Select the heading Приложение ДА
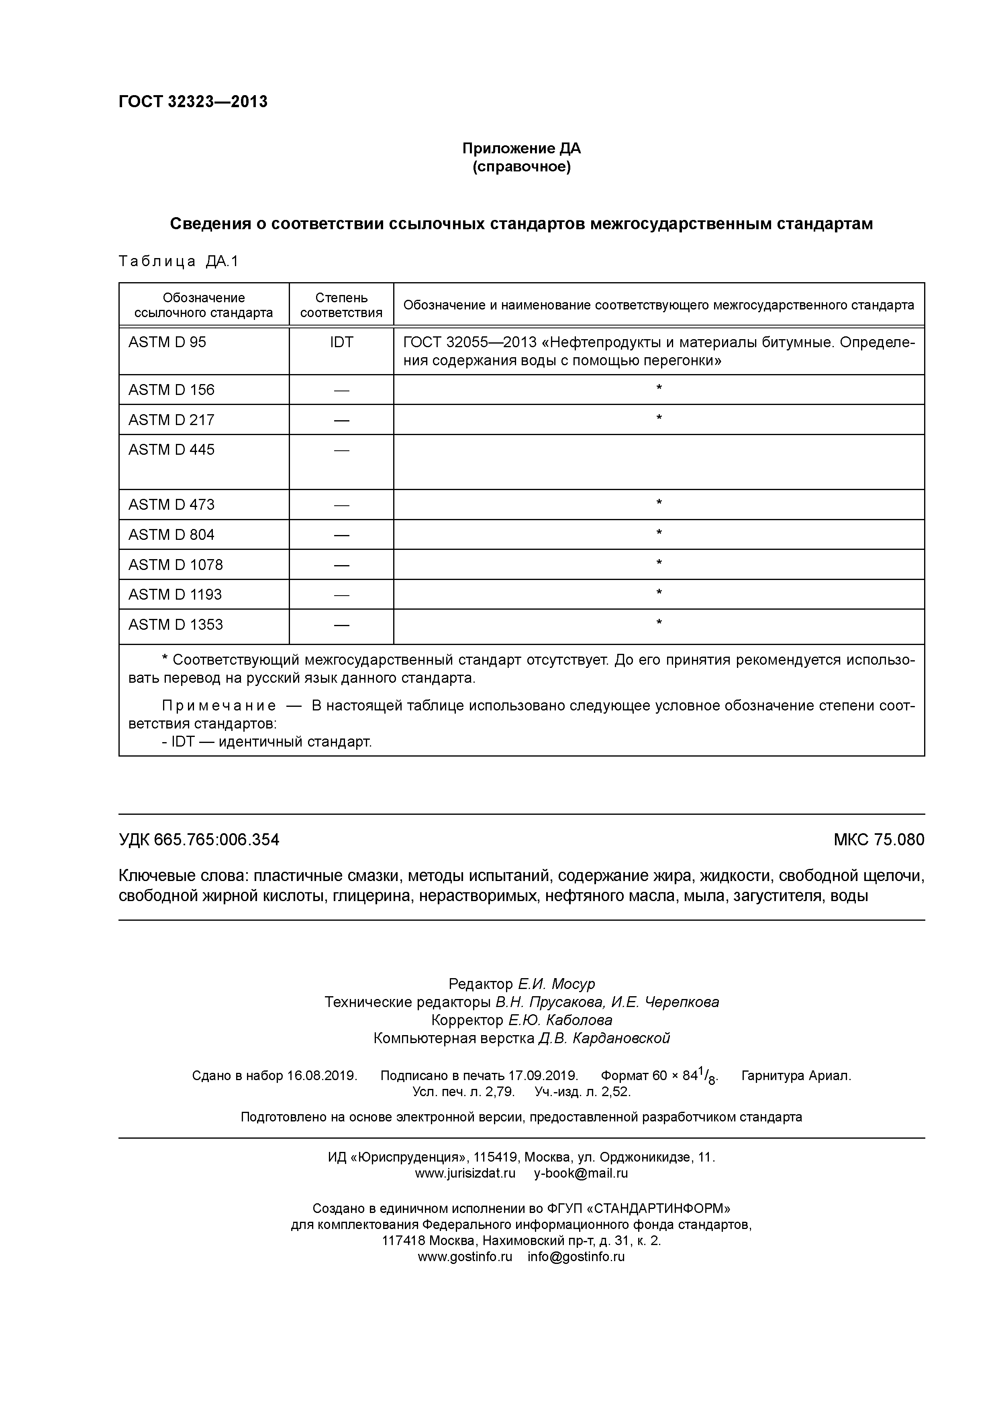[521, 149]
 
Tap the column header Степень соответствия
[341, 305]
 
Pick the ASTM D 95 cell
[167, 342]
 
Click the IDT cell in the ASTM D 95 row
[341, 342]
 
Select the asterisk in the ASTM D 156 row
[659, 388]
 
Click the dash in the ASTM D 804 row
[341, 535]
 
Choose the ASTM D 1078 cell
[176, 565]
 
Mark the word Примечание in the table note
[218, 706]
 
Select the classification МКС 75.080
[878, 840]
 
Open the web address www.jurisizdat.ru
[465, 1174]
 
